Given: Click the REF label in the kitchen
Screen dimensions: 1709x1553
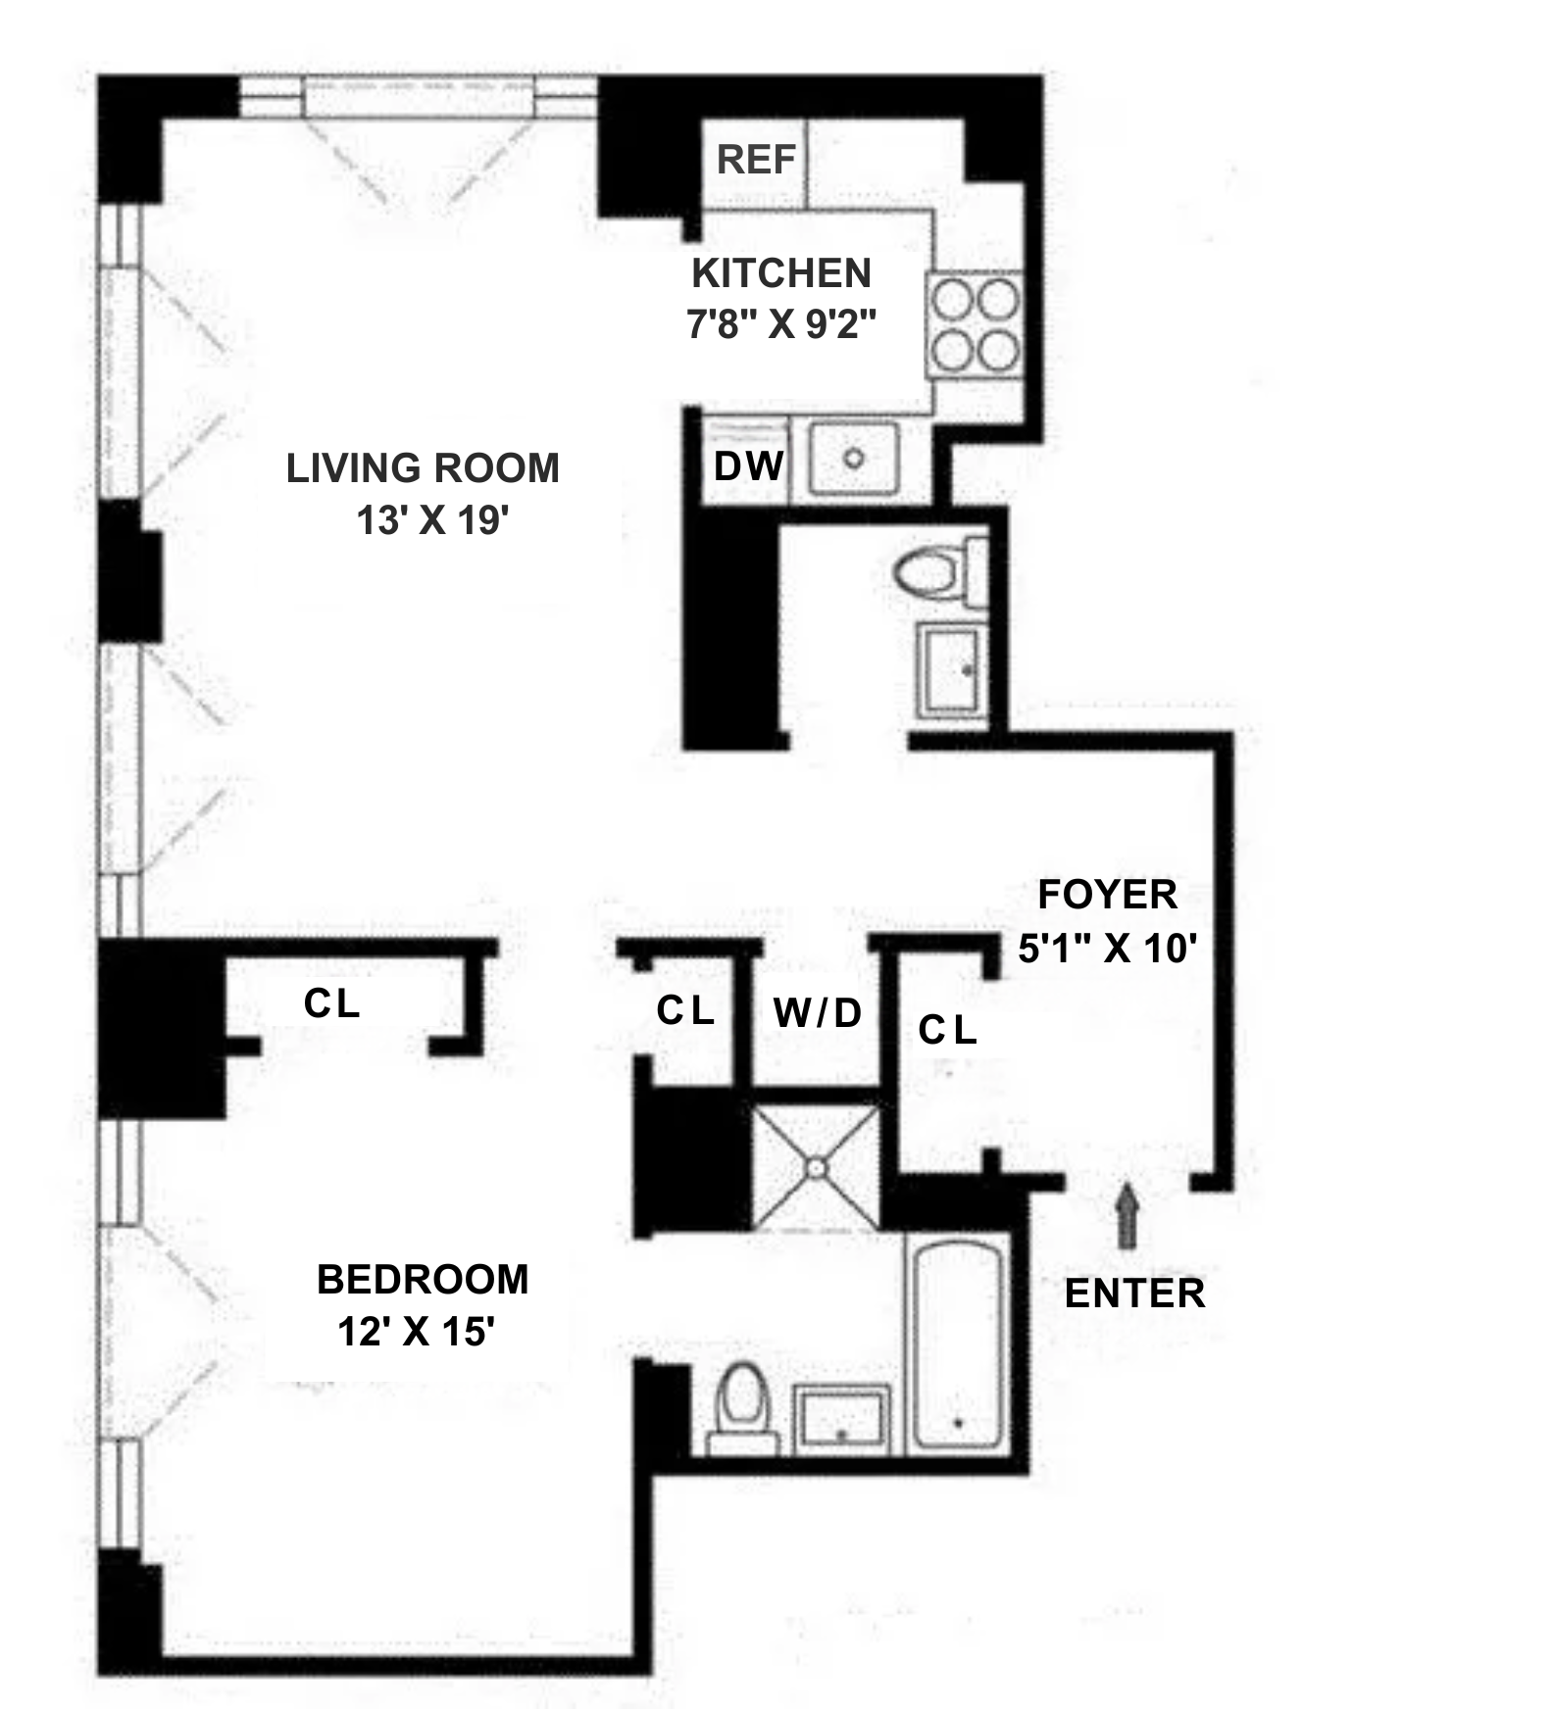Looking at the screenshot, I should pyautogui.click(x=756, y=159).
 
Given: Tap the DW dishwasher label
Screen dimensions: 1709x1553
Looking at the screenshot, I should pyautogui.click(x=748, y=466).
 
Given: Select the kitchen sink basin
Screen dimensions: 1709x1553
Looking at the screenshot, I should pyautogui.click(x=854, y=459).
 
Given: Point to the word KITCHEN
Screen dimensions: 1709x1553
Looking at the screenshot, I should pyautogui.click(x=781, y=273).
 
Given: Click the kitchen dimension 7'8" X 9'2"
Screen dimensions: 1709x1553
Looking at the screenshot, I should pyautogui.click(x=780, y=323).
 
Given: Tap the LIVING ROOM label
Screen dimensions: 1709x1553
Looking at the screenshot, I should pyautogui.click(x=423, y=468).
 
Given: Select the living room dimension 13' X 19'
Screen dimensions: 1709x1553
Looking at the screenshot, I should pyautogui.click(x=431, y=520).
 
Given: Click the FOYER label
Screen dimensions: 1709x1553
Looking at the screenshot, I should pyautogui.click(x=1107, y=895).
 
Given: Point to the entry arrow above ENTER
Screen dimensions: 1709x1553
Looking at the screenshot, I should pyautogui.click(x=1127, y=1214).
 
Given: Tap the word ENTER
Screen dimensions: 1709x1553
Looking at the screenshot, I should pyautogui.click(x=1134, y=1294).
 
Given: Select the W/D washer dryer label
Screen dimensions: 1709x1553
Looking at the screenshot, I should pyautogui.click(x=818, y=1012).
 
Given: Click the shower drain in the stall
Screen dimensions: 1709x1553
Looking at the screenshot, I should pyautogui.click(x=816, y=1167).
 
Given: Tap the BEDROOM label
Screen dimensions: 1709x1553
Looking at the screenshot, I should pyautogui.click(x=423, y=1280).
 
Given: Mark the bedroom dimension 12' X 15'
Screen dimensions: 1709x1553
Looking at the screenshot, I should pyautogui.click(x=416, y=1332).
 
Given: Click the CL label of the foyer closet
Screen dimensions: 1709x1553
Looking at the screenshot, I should pyautogui.click(x=947, y=1030).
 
